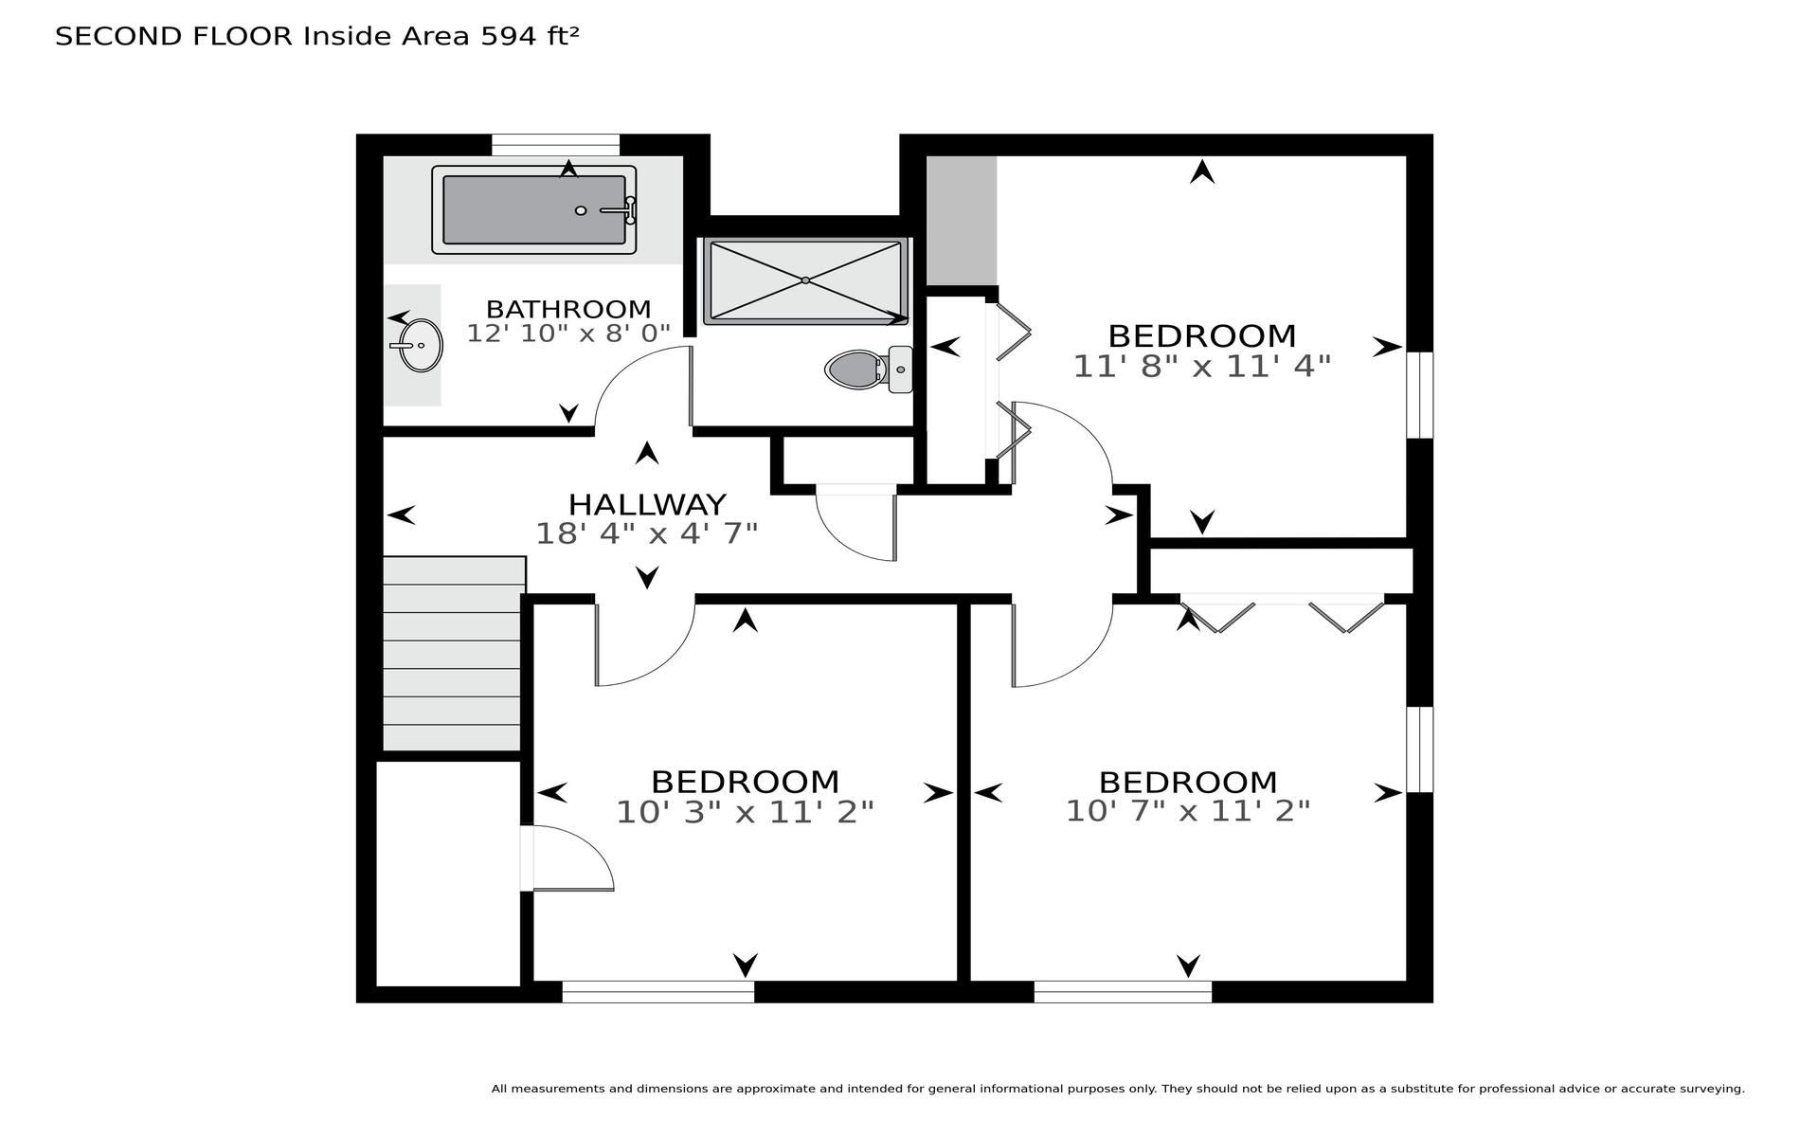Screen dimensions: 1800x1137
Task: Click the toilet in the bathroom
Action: coord(869,369)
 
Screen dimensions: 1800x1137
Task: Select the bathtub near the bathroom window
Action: coord(534,209)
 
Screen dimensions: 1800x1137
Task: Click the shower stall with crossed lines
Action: coord(805,280)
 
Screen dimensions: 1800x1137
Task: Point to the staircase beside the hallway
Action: coord(453,654)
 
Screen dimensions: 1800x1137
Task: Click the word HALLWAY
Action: coord(647,504)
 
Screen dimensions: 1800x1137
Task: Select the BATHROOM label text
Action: coord(568,309)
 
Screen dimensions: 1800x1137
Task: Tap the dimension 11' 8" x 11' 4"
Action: coord(1202,366)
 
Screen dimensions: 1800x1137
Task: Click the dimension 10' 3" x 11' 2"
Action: coord(745,812)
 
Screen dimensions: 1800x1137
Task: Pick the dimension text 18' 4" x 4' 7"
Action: coord(647,533)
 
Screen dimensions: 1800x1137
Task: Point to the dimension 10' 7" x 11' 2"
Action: coord(1188,811)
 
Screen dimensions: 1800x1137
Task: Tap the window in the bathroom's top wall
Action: coord(555,145)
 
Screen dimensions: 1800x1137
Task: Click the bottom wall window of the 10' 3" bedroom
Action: coord(658,992)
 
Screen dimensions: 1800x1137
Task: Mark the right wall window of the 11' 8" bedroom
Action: coord(1419,395)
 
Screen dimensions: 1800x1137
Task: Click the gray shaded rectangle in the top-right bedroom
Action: coord(961,221)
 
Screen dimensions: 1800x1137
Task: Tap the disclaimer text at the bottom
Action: coord(1118,1089)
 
